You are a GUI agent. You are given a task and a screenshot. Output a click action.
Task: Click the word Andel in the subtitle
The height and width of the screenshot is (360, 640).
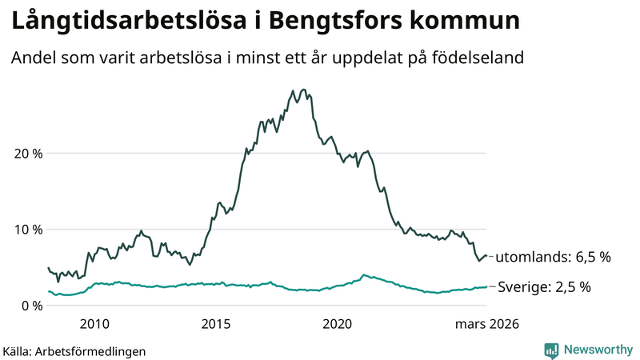pos(32,58)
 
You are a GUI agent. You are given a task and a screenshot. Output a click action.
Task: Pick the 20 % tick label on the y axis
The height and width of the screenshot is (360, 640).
pos(27,154)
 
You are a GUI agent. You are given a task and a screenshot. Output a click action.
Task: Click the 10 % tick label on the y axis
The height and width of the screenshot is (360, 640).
pos(27,230)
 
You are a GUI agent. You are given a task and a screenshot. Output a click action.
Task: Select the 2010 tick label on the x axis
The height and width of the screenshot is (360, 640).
pos(94,324)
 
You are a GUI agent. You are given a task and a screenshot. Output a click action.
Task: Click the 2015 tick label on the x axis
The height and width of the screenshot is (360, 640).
pos(216,324)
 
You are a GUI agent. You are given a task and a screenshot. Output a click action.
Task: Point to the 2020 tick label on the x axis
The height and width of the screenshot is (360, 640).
pos(338,324)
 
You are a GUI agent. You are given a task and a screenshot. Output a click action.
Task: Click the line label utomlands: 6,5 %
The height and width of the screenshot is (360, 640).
pos(553,258)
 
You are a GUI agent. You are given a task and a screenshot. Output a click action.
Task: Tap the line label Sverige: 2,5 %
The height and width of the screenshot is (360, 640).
pos(544,286)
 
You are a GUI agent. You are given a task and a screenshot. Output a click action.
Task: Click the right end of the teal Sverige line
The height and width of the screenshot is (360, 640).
pos(486,287)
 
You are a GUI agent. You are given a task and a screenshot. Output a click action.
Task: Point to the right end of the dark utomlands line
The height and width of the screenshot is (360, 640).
pos(486,256)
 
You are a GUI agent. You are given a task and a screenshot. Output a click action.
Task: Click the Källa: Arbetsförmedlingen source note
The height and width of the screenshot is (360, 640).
pos(74,350)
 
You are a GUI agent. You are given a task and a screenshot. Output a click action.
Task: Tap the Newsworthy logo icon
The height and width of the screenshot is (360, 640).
pos(551,350)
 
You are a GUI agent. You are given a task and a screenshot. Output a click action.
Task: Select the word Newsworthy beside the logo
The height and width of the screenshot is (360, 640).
pos(598,350)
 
